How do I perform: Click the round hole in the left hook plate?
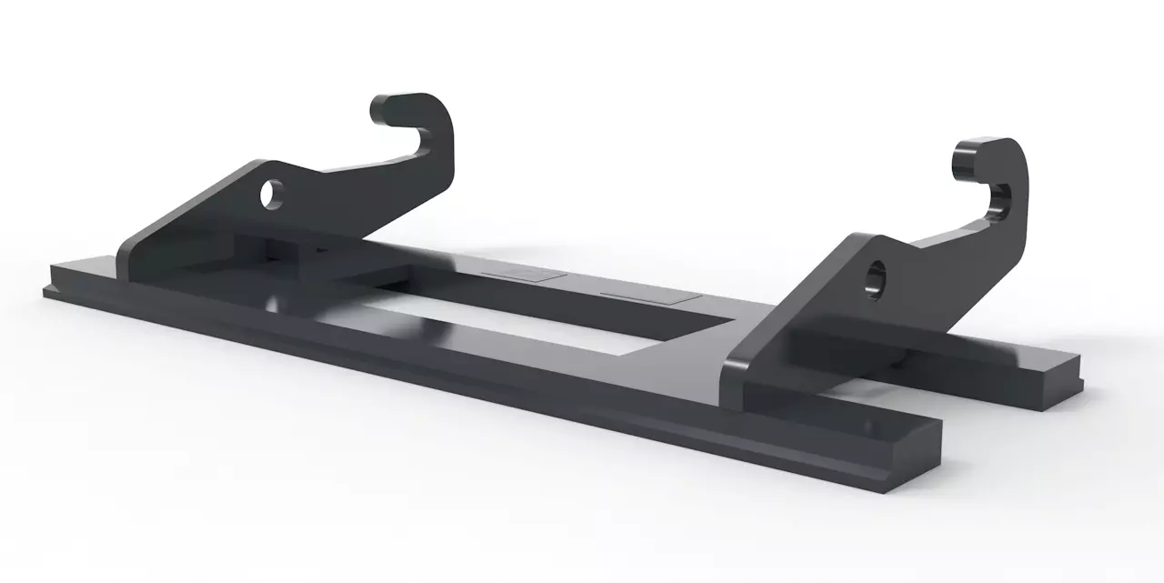tap(271, 194)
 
